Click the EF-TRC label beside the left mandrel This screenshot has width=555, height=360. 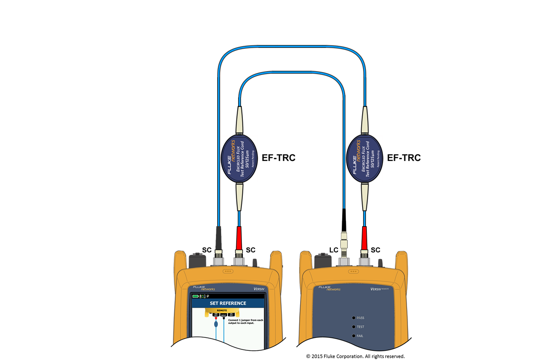click(278, 158)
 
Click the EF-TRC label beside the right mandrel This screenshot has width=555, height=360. click(404, 158)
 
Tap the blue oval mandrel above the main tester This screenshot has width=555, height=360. click(239, 158)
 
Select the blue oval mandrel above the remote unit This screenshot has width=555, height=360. click(364, 158)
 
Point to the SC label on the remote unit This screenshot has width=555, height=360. click(376, 250)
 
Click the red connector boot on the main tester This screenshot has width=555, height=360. click(239, 237)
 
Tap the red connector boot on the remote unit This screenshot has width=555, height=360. click(364, 237)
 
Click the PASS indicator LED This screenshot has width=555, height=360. click(354, 318)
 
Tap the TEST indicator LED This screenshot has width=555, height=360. click(354, 327)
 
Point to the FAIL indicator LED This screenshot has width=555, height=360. click(354, 335)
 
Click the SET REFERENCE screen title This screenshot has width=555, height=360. click(228, 304)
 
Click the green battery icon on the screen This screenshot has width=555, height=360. click(196, 296)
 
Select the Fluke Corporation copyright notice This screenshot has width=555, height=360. click(355, 356)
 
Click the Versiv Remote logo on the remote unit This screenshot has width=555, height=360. click(382, 289)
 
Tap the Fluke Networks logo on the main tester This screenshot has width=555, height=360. click(204, 288)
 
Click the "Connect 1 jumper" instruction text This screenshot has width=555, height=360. click(246, 322)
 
